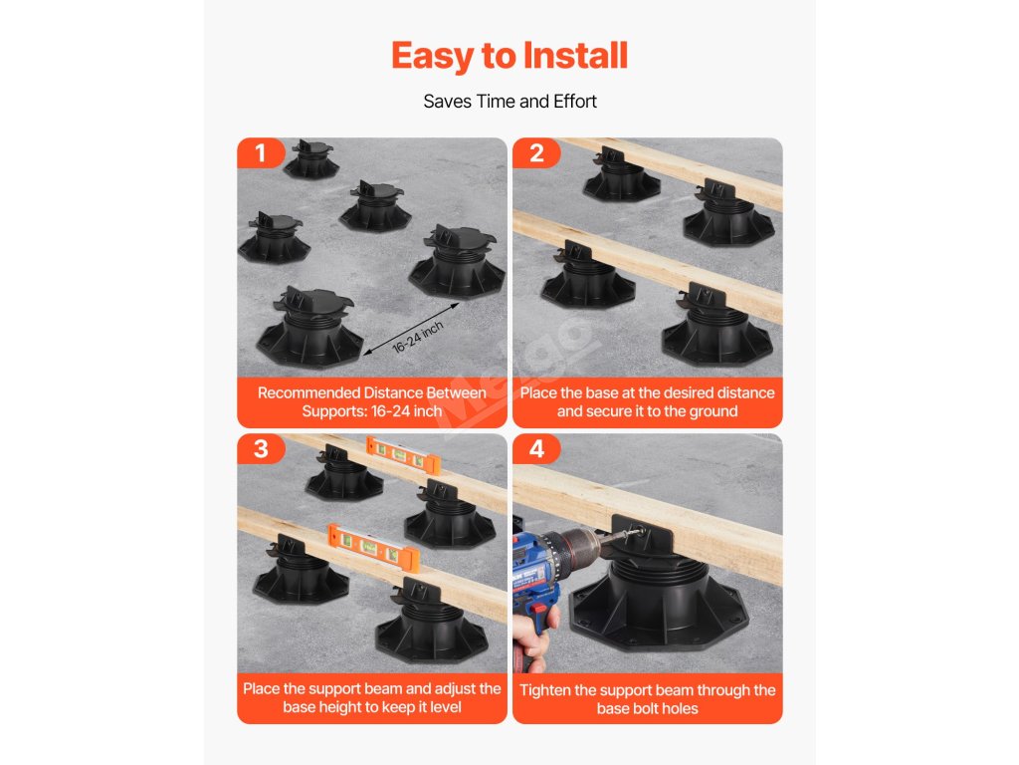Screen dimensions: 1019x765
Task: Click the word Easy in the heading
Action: (x=433, y=57)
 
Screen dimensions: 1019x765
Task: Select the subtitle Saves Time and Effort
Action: (x=509, y=102)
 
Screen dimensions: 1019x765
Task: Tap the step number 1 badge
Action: (x=261, y=152)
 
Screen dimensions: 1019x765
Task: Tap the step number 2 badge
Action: (x=536, y=152)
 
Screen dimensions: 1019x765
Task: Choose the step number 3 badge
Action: (x=261, y=449)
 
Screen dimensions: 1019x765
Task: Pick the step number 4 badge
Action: (x=536, y=449)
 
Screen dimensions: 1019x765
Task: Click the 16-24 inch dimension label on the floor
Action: (x=418, y=337)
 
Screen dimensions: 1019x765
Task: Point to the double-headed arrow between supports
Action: (x=411, y=329)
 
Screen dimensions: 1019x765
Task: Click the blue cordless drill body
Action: (x=534, y=573)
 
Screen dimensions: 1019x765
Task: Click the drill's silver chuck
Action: (x=580, y=545)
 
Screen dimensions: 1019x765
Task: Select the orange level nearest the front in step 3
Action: (x=373, y=544)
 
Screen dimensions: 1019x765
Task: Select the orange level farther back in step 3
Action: (x=403, y=454)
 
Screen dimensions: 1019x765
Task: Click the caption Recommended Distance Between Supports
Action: (x=372, y=402)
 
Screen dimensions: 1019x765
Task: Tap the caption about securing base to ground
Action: (x=647, y=402)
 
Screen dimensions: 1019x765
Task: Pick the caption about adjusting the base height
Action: (x=372, y=698)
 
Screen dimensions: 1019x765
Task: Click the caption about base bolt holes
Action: (x=647, y=699)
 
